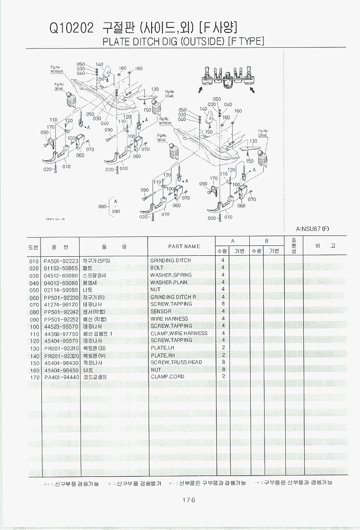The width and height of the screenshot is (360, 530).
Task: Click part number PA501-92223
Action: tap(61, 261)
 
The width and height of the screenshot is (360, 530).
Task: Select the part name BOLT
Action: tap(157, 268)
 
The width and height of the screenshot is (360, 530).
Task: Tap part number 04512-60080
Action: tap(61, 275)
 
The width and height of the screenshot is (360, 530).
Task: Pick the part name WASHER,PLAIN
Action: tap(169, 283)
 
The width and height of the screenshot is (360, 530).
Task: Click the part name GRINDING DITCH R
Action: tap(173, 297)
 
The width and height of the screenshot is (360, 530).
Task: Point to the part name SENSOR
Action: tap(161, 312)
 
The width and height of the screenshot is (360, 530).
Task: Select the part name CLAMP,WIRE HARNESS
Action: tap(179, 333)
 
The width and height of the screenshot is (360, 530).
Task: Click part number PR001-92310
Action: tap(61, 348)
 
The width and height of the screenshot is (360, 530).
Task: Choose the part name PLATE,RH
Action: tap(162, 355)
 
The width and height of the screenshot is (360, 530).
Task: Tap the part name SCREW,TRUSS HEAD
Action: tap(176, 362)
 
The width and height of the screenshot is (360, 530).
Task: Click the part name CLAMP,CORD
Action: tap(167, 377)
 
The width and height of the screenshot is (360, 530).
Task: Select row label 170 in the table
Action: tap(34, 377)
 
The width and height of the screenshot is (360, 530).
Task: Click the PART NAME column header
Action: tap(184, 246)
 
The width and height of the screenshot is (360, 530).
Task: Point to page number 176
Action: tap(189, 500)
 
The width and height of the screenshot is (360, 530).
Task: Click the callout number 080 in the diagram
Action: tap(103, 207)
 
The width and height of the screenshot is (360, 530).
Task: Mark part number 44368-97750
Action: tap(61, 334)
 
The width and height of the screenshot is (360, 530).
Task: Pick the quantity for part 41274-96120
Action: tap(223, 304)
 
